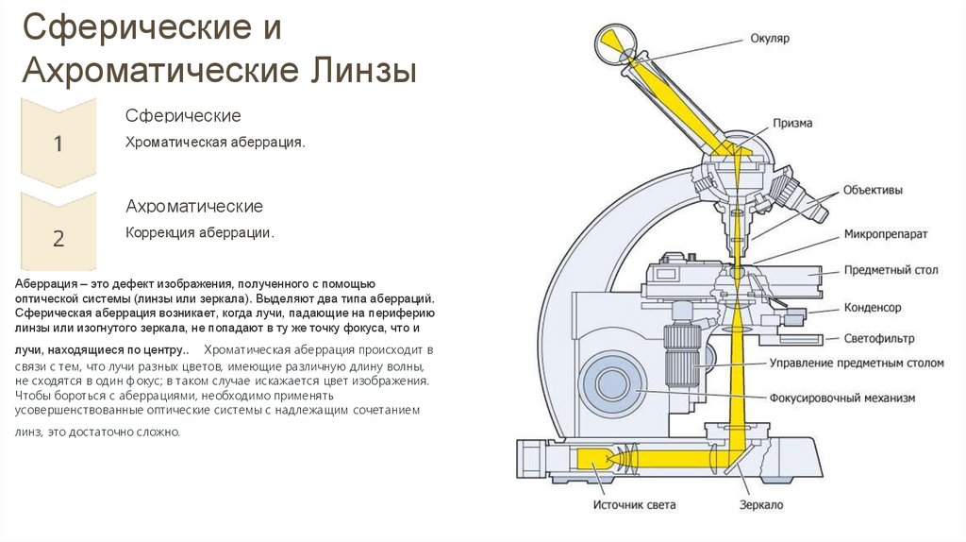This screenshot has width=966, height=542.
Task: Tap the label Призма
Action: click(x=792, y=123)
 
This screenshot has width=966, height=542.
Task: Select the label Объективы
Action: click(x=873, y=190)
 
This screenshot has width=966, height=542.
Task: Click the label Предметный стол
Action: click(x=891, y=270)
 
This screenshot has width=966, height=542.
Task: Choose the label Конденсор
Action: click(x=873, y=308)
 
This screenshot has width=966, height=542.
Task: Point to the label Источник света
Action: click(x=634, y=505)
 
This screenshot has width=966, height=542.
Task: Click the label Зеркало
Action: click(x=761, y=505)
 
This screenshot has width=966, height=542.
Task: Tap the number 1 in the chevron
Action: click(x=58, y=144)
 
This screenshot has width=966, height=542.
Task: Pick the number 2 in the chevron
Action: click(x=58, y=238)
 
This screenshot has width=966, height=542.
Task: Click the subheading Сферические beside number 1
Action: click(x=184, y=116)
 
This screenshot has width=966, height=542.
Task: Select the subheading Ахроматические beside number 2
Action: click(x=194, y=206)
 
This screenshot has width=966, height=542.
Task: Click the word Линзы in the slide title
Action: click(x=362, y=71)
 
